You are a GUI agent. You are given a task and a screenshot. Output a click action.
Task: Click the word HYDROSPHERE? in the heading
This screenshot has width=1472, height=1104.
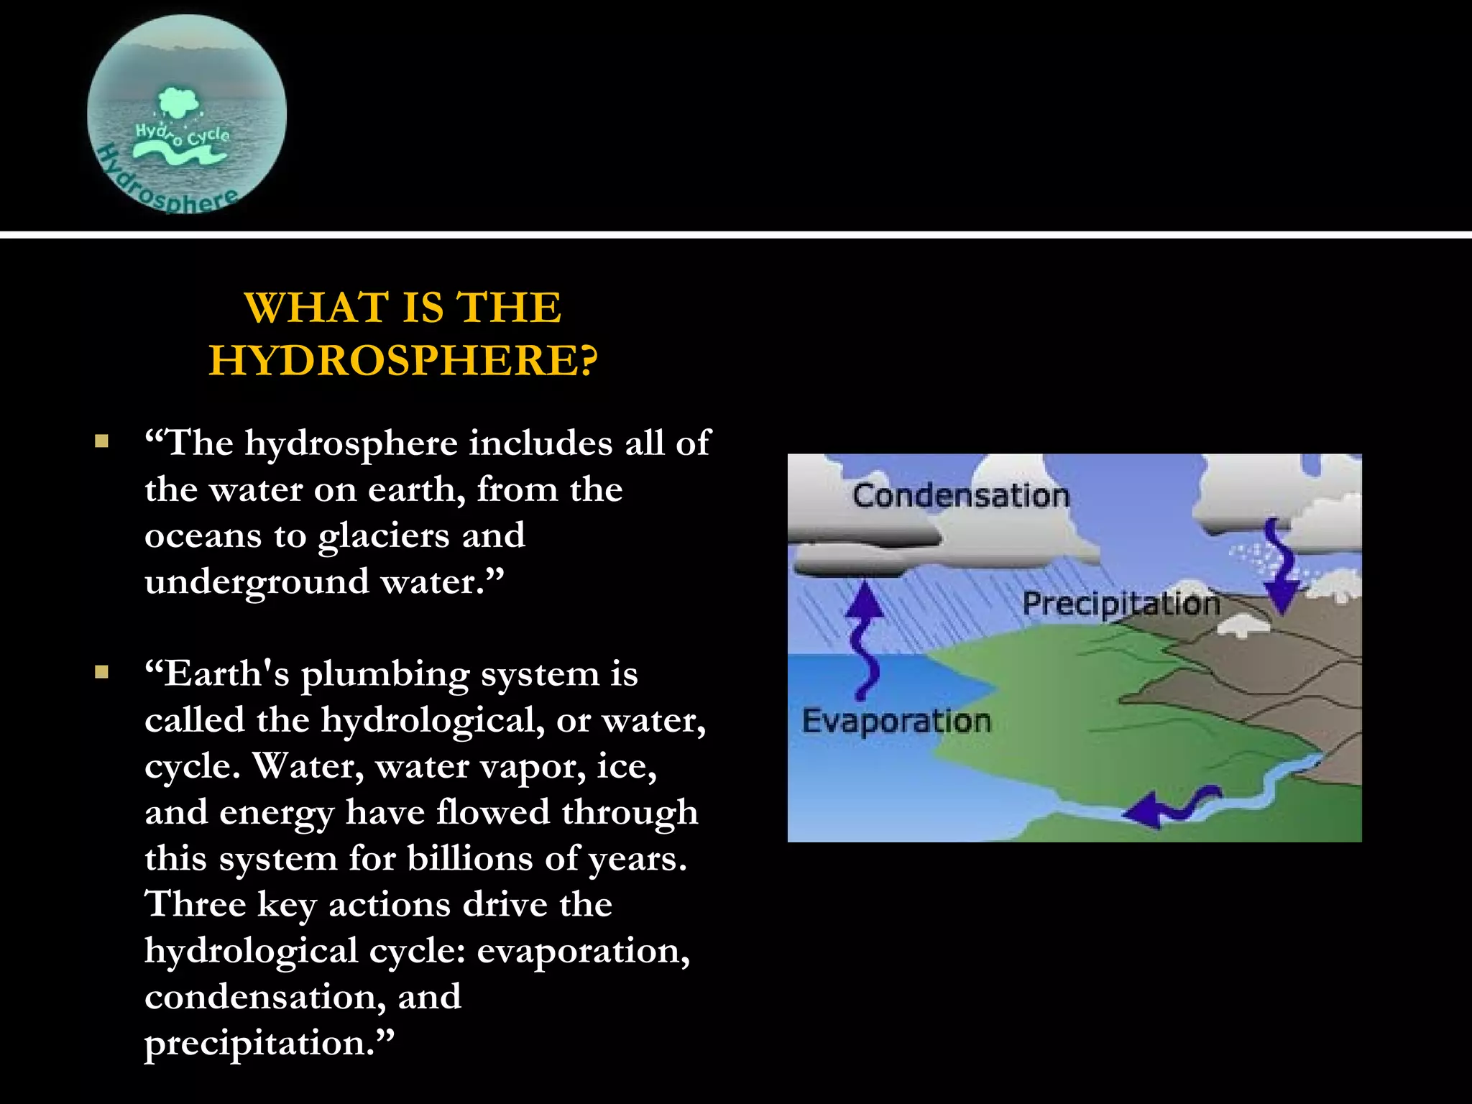(x=402, y=360)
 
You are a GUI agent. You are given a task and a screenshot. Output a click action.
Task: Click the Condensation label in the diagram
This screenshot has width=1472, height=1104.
(x=961, y=496)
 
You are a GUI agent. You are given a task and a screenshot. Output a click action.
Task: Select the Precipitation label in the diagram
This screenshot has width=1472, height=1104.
(x=1121, y=604)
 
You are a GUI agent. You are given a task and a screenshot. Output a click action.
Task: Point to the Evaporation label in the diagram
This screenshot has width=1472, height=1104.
(x=896, y=721)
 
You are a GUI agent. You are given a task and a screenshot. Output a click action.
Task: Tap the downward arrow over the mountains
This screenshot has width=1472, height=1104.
(x=1280, y=568)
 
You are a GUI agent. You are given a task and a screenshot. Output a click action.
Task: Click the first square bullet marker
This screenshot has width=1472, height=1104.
(x=101, y=441)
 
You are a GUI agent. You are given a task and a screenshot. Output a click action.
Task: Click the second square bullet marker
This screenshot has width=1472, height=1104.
(x=101, y=673)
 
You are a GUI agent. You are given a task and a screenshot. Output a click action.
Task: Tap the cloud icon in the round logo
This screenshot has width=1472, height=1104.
(x=178, y=102)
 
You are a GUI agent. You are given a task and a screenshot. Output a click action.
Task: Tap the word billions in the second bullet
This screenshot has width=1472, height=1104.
(x=470, y=858)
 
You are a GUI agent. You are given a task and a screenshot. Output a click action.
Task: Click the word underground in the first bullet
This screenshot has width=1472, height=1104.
(x=257, y=582)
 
